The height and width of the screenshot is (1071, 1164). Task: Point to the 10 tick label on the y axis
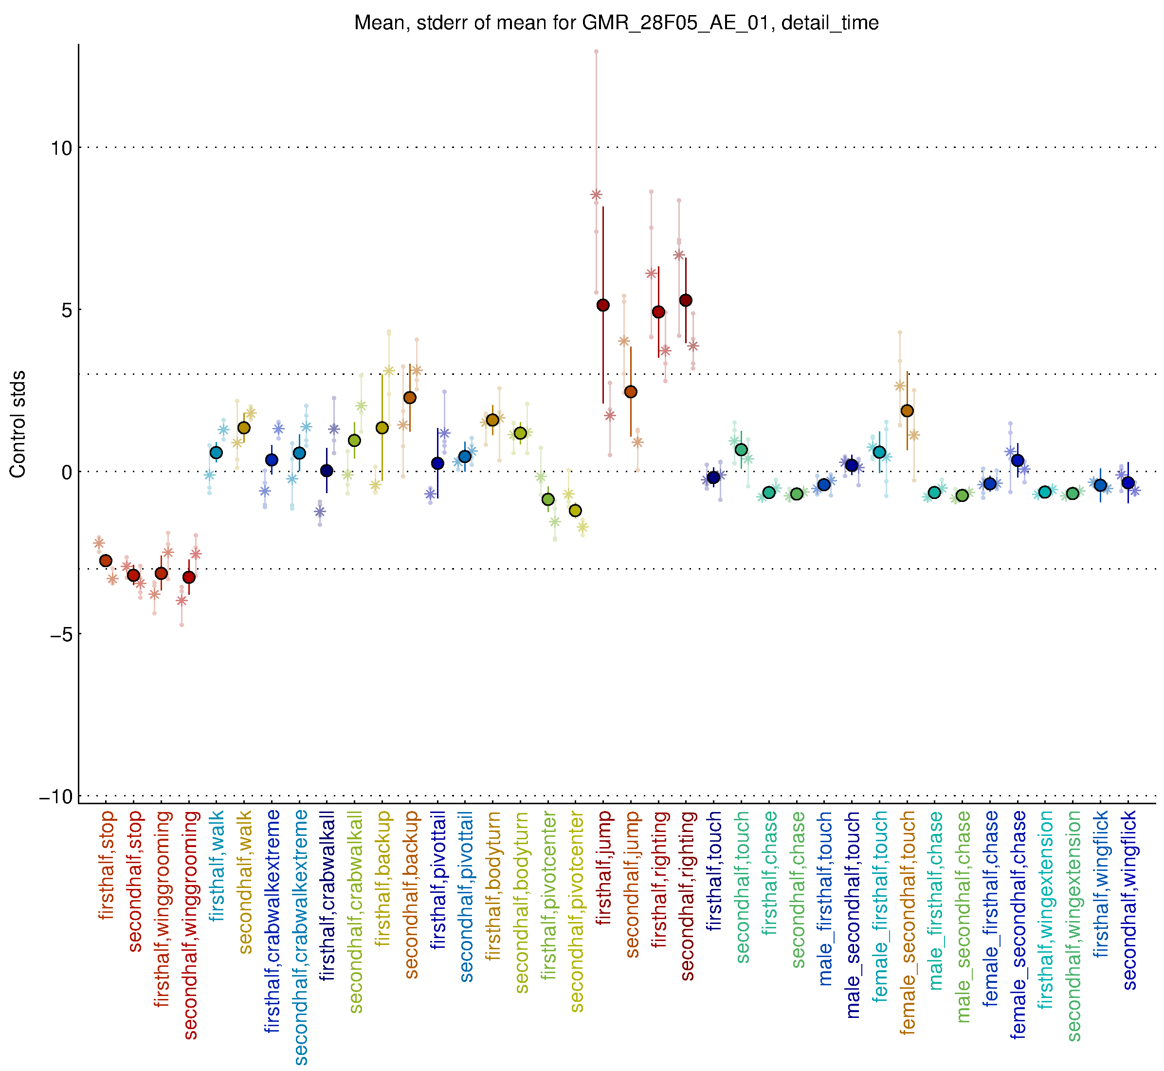[61, 148]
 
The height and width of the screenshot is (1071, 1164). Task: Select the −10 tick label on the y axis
[57, 797]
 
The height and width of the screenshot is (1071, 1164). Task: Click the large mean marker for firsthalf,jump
[603, 305]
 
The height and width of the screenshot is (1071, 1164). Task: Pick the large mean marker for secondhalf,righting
[686, 300]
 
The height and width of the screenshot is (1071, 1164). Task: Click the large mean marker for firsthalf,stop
[106, 560]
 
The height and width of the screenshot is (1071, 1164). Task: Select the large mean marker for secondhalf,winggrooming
[189, 577]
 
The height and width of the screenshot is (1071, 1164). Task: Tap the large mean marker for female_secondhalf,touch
[908, 411]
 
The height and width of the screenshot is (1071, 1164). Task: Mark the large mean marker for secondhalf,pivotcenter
[575, 511]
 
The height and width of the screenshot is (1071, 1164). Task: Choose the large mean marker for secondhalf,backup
[410, 398]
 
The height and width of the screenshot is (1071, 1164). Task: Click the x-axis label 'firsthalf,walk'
[217, 866]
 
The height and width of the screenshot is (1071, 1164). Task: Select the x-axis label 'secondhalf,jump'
[632, 884]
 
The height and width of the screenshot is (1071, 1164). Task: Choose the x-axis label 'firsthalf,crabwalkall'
[327, 895]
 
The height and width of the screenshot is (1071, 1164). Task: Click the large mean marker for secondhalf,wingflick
[1128, 483]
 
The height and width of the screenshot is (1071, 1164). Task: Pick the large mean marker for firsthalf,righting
[658, 312]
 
